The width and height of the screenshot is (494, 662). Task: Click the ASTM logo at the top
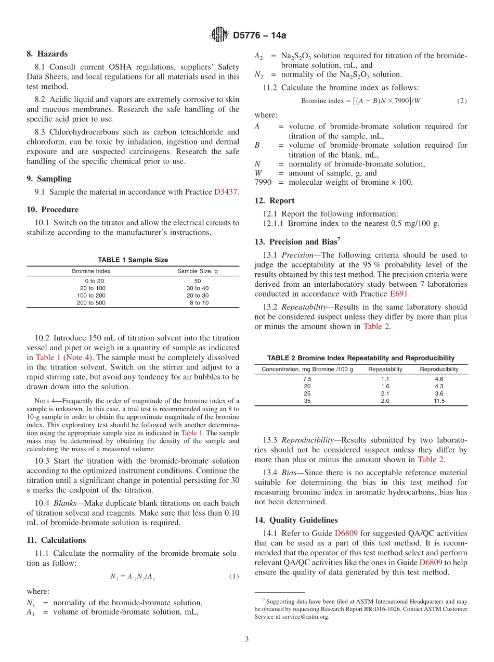(219, 35)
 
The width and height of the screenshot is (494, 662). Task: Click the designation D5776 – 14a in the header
(259, 36)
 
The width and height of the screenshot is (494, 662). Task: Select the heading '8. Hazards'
(47, 54)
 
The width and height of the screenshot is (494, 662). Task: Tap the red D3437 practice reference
(226, 192)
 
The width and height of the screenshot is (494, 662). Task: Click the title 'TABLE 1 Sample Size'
(133, 260)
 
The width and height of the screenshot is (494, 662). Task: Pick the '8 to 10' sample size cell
(199, 302)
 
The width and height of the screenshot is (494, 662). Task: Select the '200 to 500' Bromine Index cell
(91, 302)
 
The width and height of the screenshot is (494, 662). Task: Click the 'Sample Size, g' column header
(198, 271)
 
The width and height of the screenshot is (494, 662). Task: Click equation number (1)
(233, 577)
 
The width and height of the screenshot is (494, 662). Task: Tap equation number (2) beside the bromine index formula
(461, 101)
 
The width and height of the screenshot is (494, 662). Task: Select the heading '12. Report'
(275, 200)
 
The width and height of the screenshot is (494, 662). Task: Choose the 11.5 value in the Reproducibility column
(439, 401)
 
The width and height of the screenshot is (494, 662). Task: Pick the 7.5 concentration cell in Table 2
(307, 379)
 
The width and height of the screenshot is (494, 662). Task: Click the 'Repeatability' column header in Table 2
(385, 369)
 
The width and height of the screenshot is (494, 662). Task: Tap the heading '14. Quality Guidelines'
(296, 520)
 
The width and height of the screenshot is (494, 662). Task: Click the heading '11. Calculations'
(56, 540)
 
